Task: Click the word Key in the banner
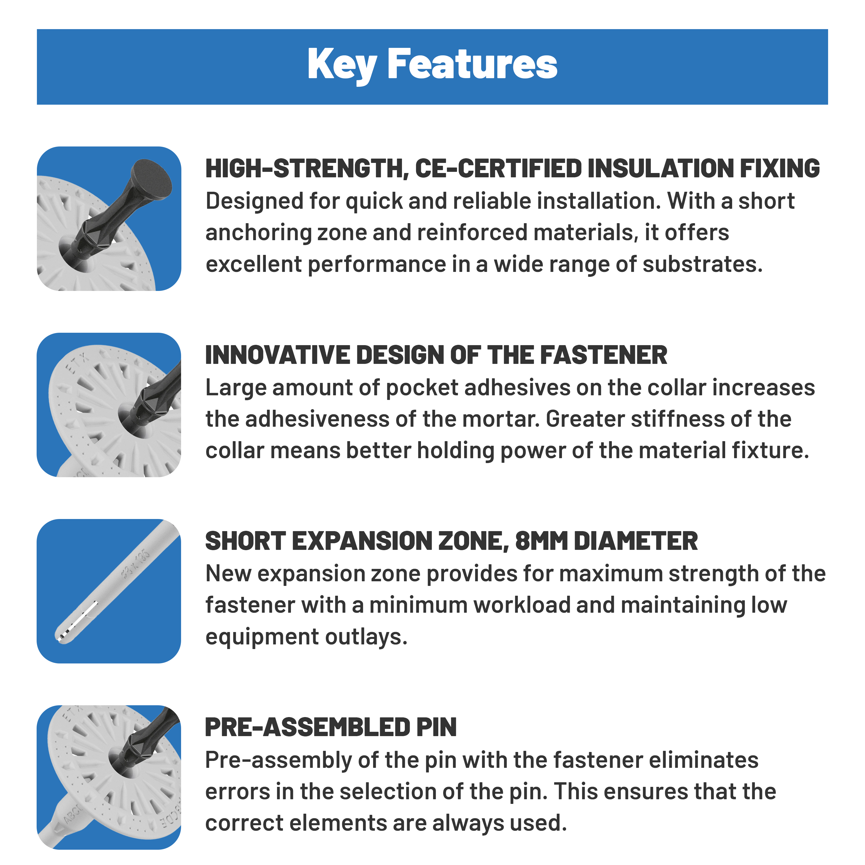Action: click(342, 65)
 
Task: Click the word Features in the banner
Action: click(472, 64)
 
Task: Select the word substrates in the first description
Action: click(702, 264)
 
